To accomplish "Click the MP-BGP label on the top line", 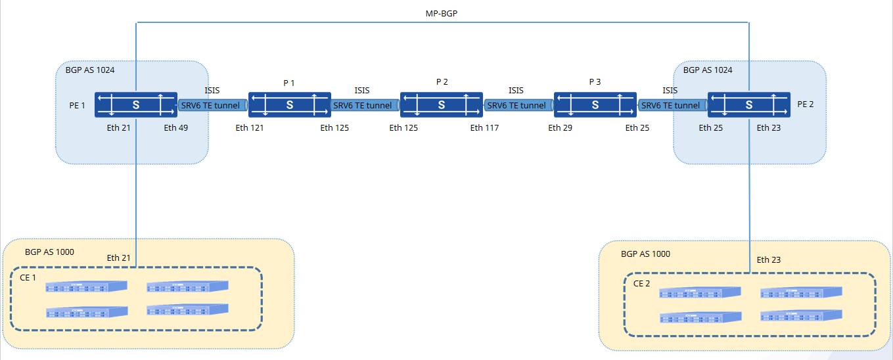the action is pos(442,13).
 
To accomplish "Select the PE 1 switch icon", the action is pos(136,105).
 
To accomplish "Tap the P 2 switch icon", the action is pos(442,105).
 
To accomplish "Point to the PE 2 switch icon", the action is pos(748,105).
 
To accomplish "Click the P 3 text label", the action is pos(595,81).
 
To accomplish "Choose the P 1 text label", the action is pos(288,83).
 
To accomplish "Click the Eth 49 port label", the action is pos(176,127).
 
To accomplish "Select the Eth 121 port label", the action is pos(250,127).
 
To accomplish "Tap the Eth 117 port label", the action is pos(484,127).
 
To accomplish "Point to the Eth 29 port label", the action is pos(560,127).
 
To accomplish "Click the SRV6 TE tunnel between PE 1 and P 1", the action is pos(212,105).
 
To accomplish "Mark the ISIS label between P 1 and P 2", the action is pos(362,91).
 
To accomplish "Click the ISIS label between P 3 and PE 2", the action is pos(670,91).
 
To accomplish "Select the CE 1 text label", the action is pos(28,277).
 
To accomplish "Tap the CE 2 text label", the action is pos(641,283).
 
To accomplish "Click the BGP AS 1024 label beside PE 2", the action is pos(708,70).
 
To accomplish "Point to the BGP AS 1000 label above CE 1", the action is pos(49,252).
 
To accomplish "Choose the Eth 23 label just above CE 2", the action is pos(769,259).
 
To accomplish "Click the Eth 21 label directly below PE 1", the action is pos(118,127).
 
